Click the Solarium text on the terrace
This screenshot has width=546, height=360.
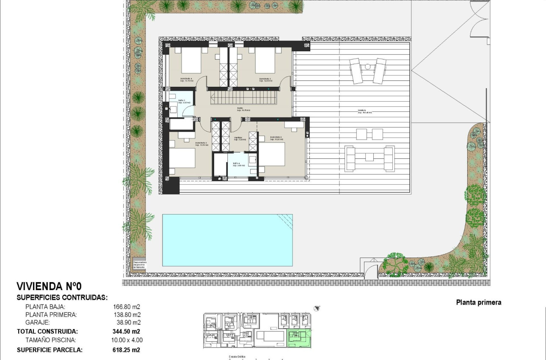click(364, 112)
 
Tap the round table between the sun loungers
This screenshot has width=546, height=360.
click(368, 66)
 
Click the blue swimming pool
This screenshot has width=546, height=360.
click(227, 240)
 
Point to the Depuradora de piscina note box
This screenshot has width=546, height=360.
click(139, 264)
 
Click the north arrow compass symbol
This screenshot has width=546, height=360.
click(316, 308)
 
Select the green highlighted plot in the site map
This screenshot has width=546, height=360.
click(299, 338)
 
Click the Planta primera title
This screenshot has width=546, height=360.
click(478, 302)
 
